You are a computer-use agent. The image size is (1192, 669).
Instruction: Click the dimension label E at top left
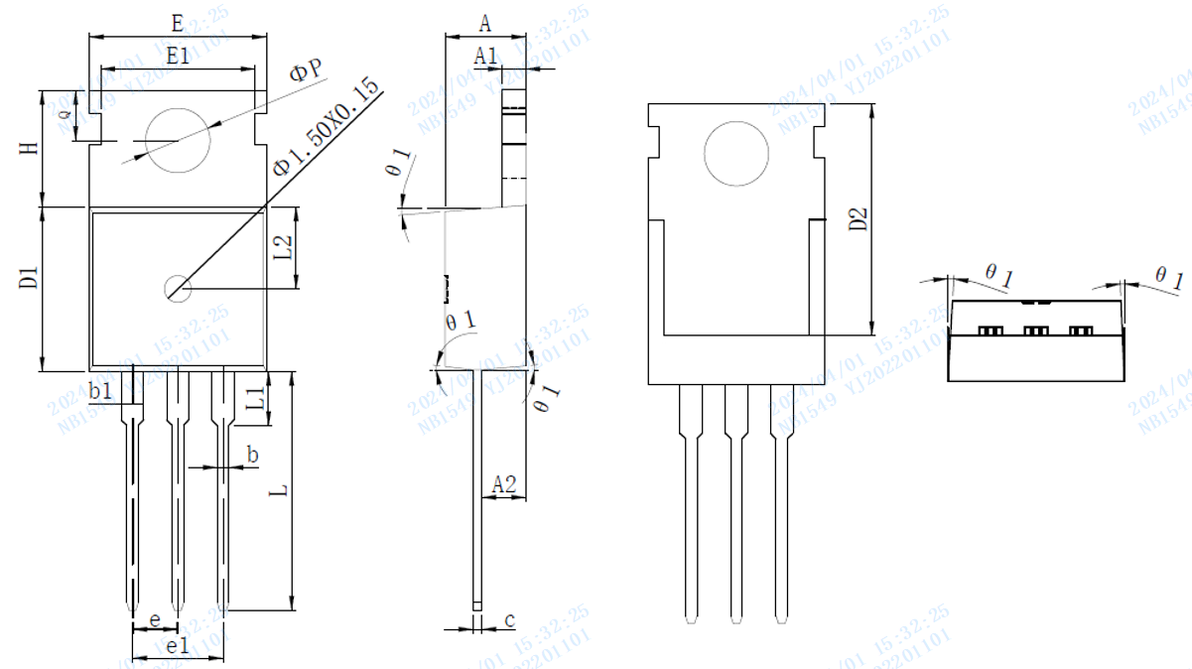177,22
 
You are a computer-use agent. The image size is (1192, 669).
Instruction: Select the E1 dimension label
178,57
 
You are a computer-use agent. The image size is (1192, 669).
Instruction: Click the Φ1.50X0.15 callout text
329,129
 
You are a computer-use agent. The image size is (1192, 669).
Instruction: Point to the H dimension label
30,147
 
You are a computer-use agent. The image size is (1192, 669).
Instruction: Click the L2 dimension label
283,248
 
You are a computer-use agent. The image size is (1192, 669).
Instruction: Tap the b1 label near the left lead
100,392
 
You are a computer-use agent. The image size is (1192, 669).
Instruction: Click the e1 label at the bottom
178,646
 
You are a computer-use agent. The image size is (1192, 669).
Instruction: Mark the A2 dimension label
504,483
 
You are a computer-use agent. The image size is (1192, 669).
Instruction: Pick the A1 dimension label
485,57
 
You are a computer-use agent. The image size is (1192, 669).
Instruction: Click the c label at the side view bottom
509,620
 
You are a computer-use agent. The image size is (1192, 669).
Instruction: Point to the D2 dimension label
859,219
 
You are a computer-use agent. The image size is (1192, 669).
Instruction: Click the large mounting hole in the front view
179,140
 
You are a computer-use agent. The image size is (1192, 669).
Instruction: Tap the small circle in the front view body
178,288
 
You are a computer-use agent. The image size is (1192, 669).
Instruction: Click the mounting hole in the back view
736,154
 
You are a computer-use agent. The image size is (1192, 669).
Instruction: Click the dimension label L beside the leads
281,490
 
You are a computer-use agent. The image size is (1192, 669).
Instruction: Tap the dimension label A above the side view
485,22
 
